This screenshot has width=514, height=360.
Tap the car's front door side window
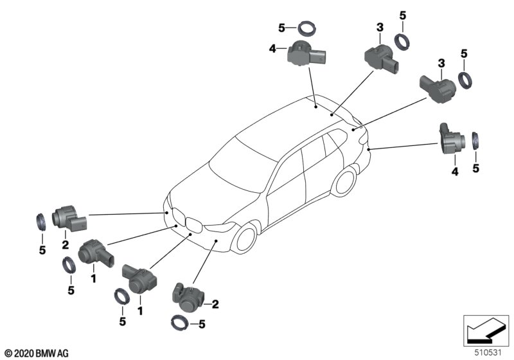point(285,171)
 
